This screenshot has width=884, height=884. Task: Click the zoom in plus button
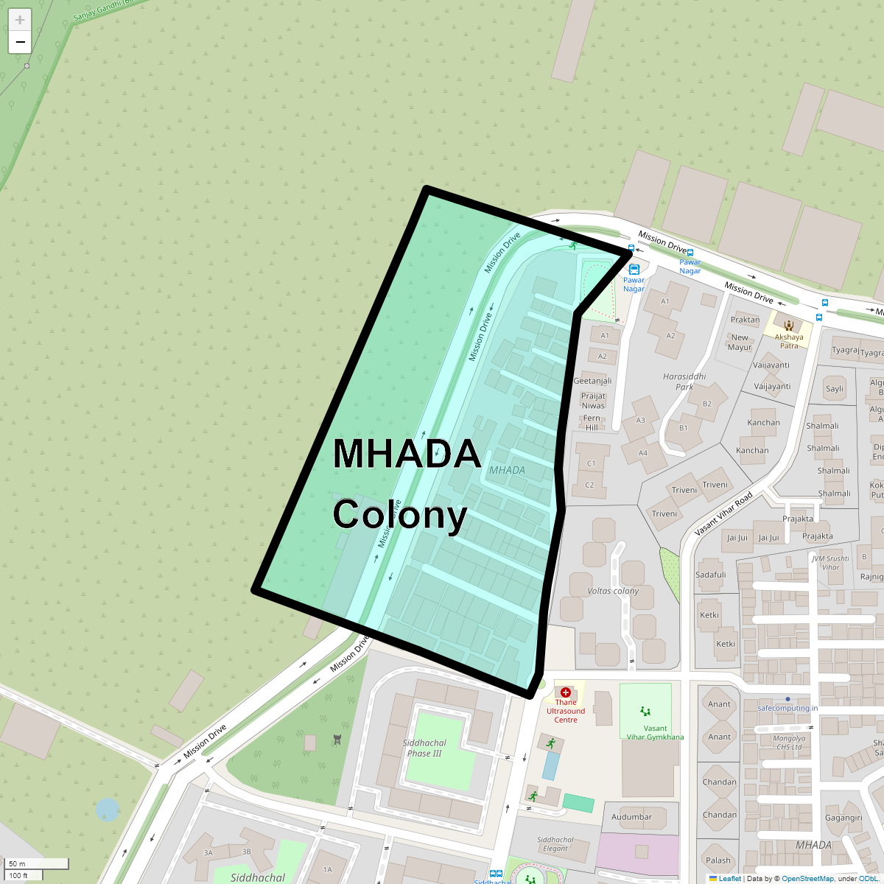(x=20, y=20)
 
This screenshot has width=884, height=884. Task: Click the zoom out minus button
(x=20, y=42)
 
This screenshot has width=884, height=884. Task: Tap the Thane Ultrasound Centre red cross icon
(x=565, y=692)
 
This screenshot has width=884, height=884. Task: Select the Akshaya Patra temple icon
(x=789, y=325)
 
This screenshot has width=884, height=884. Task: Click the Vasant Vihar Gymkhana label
(x=655, y=732)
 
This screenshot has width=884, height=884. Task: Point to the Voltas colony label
(x=613, y=591)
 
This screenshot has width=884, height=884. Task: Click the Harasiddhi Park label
(x=684, y=382)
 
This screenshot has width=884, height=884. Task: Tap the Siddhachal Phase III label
(x=425, y=748)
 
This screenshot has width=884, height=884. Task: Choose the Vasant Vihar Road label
(x=723, y=513)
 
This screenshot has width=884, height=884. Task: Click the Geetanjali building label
(x=592, y=381)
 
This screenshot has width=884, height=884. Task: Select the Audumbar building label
(x=631, y=816)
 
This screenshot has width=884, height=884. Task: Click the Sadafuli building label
(x=711, y=575)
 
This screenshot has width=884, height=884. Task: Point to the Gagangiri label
(x=843, y=818)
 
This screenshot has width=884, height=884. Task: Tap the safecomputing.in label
(x=787, y=708)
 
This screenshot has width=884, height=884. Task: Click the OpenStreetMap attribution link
(x=807, y=878)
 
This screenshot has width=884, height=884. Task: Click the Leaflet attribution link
(x=729, y=878)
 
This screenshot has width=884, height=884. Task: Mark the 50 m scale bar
(x=37, y=864)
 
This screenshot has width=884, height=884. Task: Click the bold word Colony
(x=400, y=515)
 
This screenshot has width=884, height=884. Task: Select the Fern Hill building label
(x=592, y=423)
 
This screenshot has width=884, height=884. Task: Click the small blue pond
(x=108, y=810)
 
